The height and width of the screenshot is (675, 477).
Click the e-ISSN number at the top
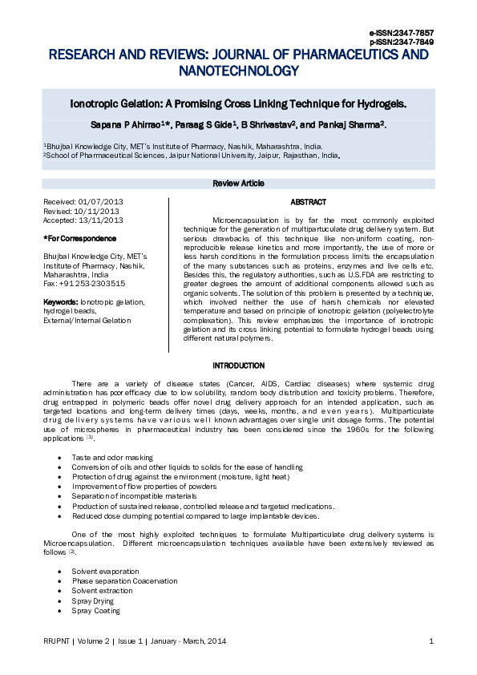(402, 32)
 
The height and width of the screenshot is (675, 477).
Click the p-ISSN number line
(402, 42)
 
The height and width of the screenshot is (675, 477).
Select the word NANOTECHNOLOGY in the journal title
(238, 71)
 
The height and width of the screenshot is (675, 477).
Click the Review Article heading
(238, 184)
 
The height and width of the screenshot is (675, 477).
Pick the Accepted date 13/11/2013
(104, 220)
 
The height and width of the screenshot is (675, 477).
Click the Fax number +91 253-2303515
(91, 283)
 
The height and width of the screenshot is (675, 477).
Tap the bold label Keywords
(60, 301)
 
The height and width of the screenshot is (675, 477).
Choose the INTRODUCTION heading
(238, 366)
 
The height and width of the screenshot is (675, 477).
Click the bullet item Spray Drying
(93, 600)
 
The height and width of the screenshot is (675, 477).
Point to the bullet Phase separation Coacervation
(124, 581)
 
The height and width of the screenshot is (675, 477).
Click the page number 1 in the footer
(431, 641)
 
